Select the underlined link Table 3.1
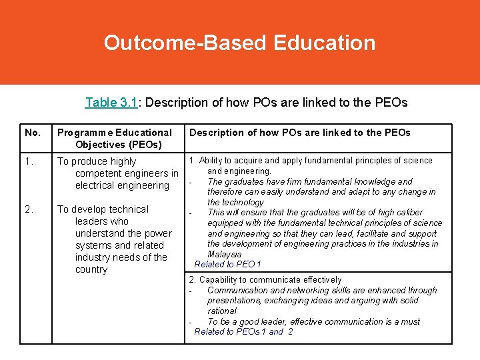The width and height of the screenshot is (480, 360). tap(111, 103)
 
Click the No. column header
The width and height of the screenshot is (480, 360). tap(32, 133)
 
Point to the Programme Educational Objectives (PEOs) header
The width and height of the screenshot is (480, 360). tap(115, 138)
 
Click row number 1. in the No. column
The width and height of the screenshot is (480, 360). tap(29, 161)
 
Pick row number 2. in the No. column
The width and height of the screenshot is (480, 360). tap(29, 209)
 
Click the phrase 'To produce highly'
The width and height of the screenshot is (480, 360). tap(97, 161)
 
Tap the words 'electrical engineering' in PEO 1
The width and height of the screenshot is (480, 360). tap(123, 185)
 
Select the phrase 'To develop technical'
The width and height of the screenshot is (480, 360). tap(103, 209)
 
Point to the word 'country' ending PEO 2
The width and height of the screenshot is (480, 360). tap(91, 269)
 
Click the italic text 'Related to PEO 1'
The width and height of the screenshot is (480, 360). tap(227, 265)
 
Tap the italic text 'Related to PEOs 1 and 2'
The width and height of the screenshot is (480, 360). tap(243, 332)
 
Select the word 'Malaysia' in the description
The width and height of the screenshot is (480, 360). tap(225, 254)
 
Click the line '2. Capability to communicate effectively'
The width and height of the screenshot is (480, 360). tap(265, 280)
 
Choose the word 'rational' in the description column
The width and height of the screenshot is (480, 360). tap(222, 311)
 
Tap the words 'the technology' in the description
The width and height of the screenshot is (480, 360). tap(236, 202)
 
